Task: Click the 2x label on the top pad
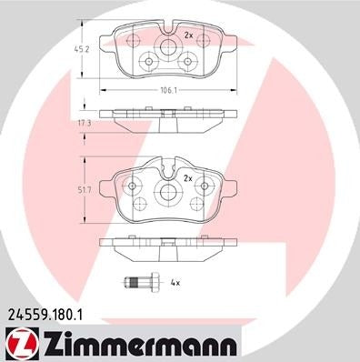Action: click(188, 35)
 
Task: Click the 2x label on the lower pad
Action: click(189, 178)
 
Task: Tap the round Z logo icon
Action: click(17, 346)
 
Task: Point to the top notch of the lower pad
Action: click(167, 163)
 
